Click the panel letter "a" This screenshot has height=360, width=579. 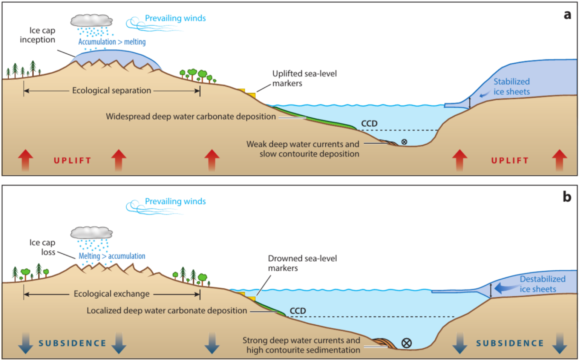point(567,15)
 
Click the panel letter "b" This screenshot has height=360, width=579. point(567,197)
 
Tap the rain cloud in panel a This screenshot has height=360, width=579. point(91,21)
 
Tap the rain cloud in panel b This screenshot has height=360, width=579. point(91,233)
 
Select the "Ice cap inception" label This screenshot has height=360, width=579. point(38,35)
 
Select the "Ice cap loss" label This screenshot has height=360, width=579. point(43,247)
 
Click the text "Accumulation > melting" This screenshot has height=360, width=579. point(112,42)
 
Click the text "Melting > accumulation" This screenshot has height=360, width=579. point(112,256)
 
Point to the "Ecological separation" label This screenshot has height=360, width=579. point(112,90)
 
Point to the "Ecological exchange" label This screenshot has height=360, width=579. point(112,294)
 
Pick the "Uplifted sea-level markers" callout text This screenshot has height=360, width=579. point(304,78)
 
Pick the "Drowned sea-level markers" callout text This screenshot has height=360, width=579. point(302,263)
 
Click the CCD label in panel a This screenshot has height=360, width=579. point(369,124)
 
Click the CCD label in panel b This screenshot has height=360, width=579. point(298,311)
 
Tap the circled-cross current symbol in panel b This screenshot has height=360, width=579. point(406,343)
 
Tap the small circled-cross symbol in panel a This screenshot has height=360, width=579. point(404,142)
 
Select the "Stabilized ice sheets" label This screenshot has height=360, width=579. point(512,87)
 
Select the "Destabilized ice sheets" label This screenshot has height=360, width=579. point(542,284)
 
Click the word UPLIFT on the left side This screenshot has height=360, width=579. point(72,161)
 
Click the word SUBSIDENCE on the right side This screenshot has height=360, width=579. point(510,343)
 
